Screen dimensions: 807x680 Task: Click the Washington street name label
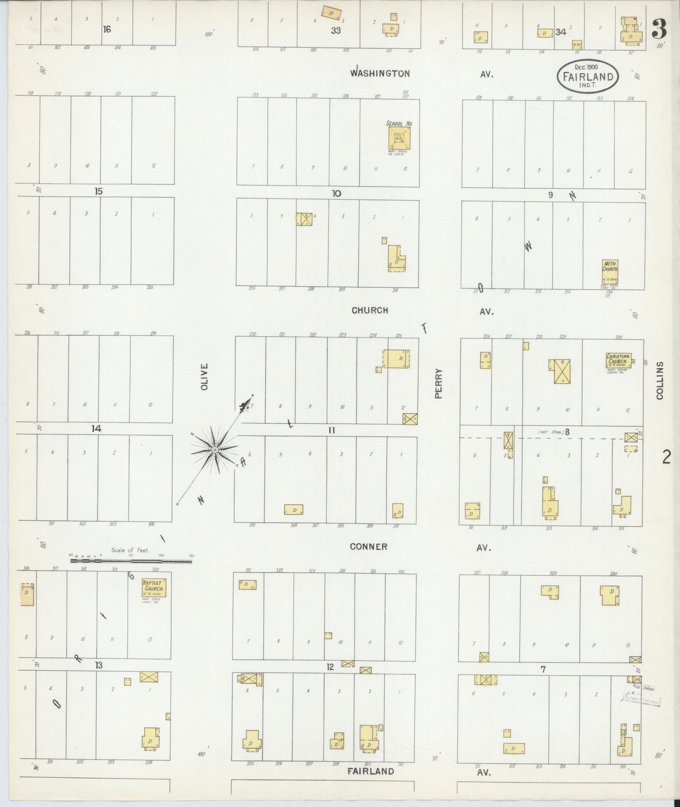point(380,73)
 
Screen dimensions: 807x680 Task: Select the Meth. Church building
point(610,272)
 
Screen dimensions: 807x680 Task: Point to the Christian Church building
point(618,361)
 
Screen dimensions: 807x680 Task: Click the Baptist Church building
point(154,588)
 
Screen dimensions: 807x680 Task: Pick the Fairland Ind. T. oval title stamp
point(587,76)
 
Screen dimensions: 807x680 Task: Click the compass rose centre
point(215,450)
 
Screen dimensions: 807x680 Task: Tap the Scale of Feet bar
point(131,561)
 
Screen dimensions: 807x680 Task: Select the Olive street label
point(204,376)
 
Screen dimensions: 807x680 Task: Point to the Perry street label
point(439,383)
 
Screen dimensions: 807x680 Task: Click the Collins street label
point(659,380)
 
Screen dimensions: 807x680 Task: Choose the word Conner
point(368,547)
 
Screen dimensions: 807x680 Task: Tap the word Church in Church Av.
point(370,310)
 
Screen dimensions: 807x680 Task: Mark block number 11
point(331,430)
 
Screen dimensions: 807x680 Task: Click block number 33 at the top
point(336,30)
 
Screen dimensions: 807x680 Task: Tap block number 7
point(543,669)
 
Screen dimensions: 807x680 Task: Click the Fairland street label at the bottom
point(370,771)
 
